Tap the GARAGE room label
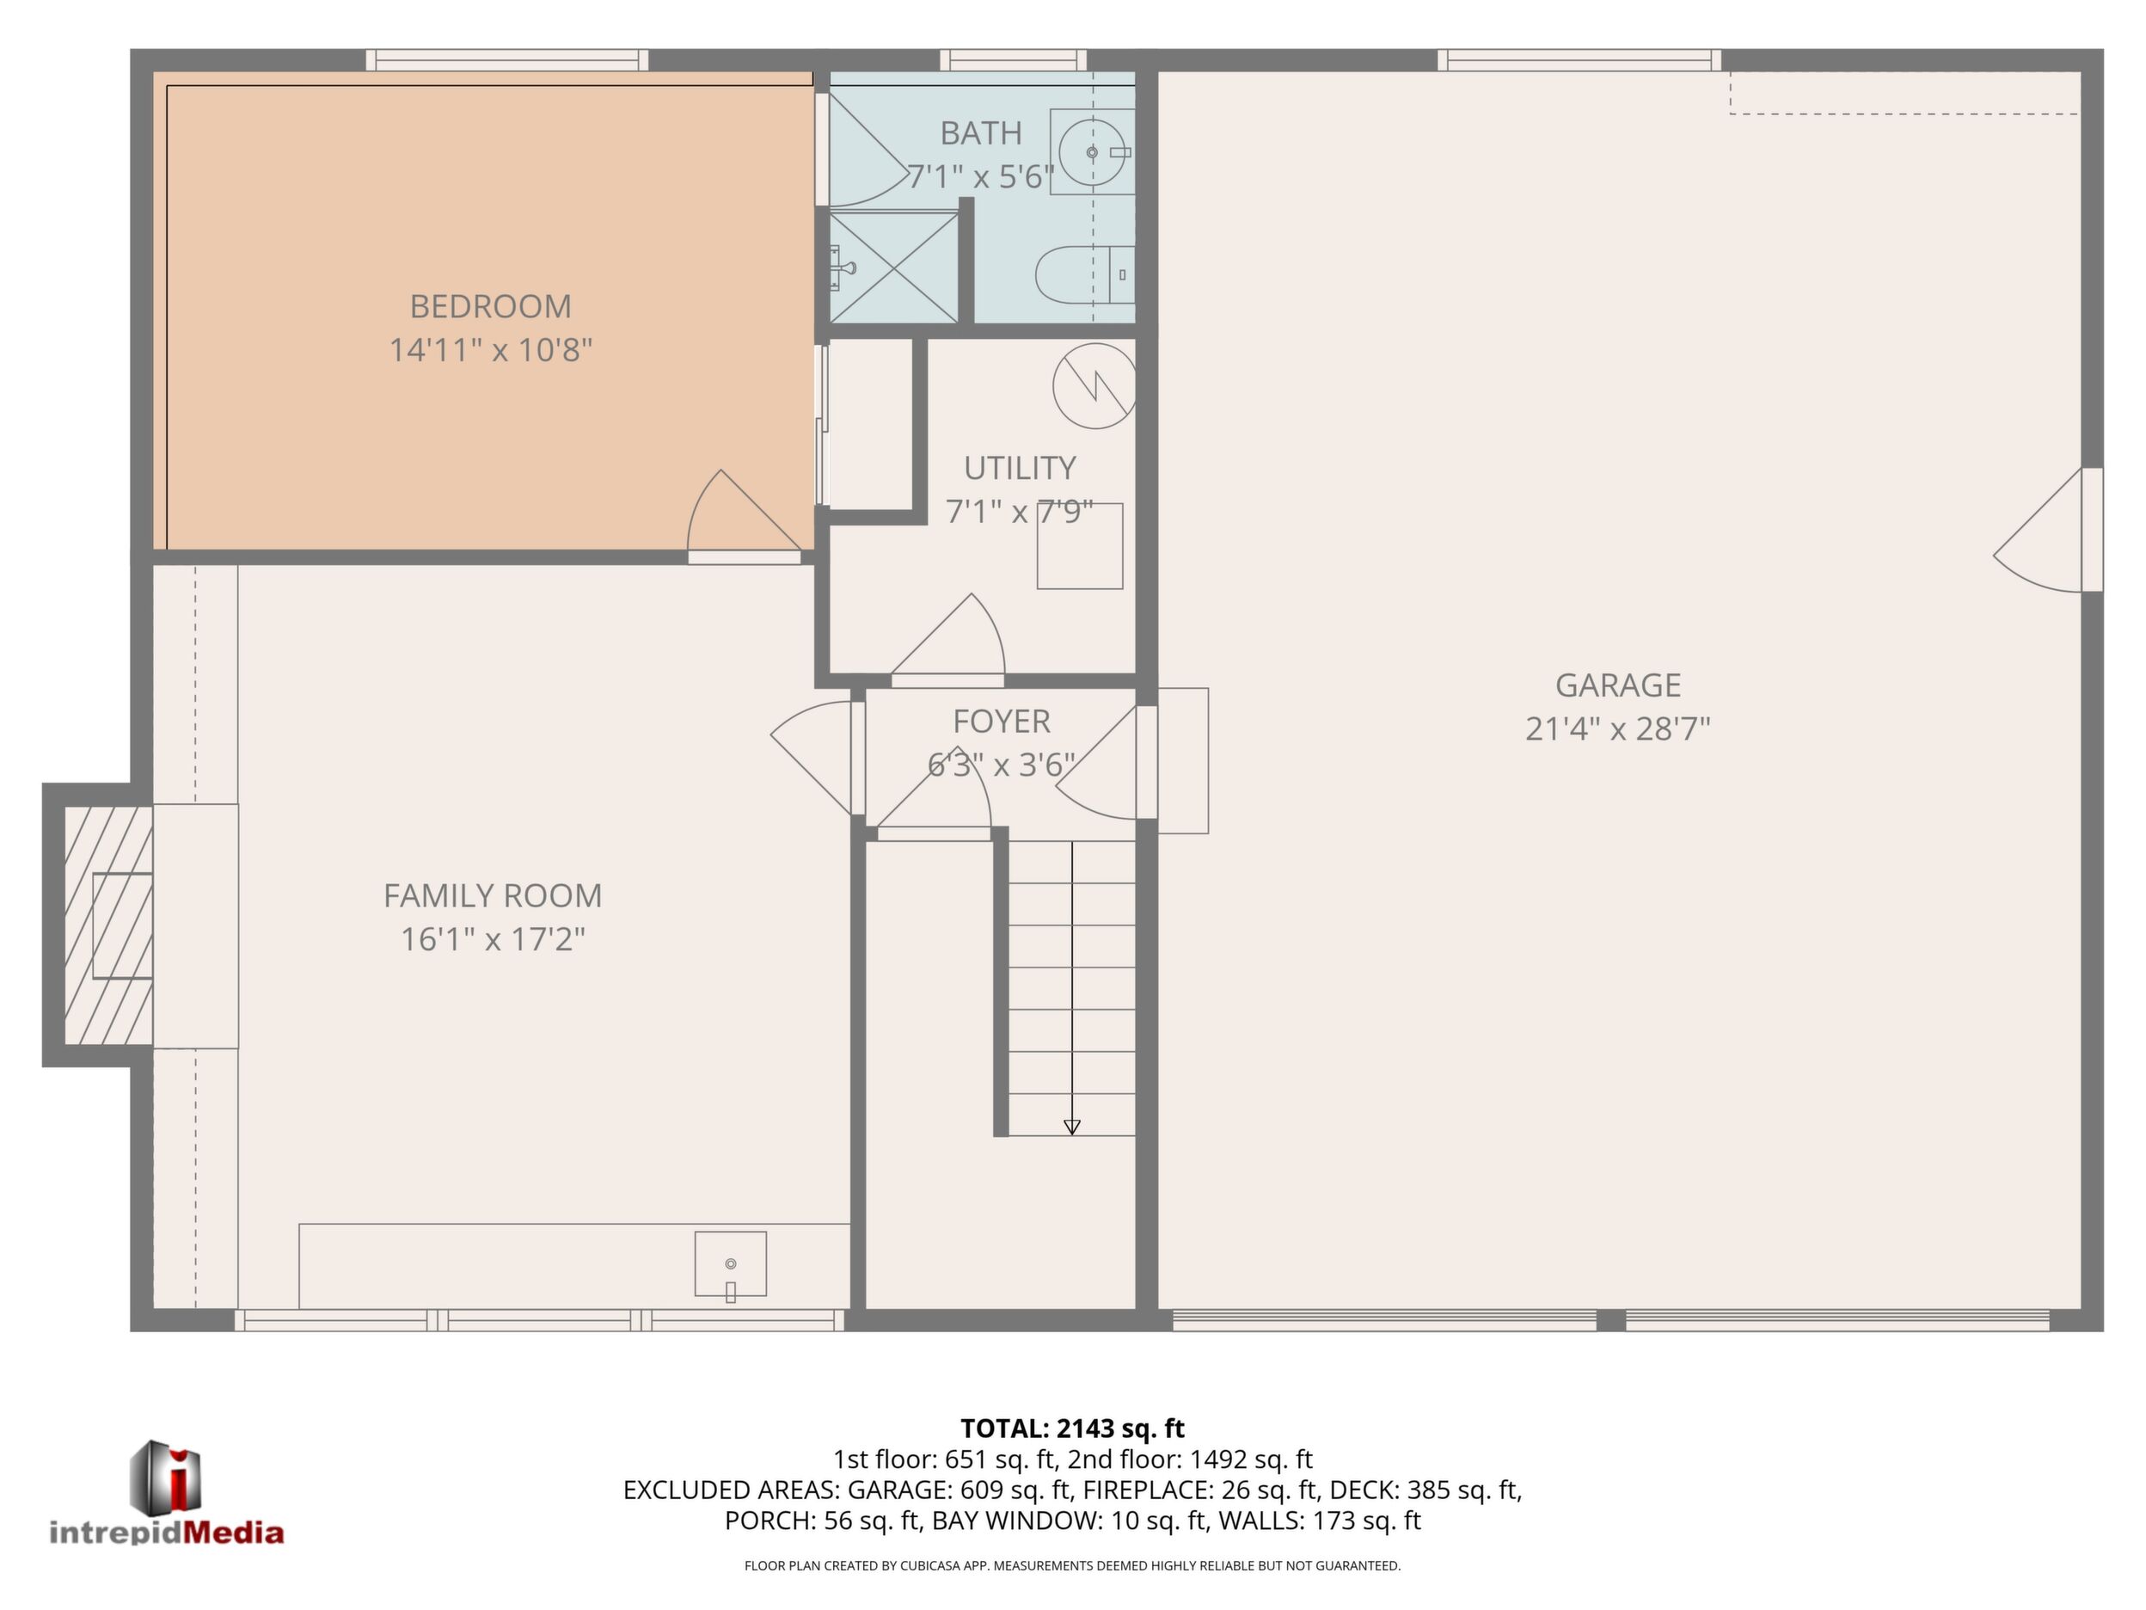pos(1617,685)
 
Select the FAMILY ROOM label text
pos(493,894)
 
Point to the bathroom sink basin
pos(1094,152)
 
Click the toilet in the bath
pos(1085,273)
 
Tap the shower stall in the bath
pos(893,266)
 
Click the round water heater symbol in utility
pos(1094,385)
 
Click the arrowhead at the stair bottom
pos(1072,1127)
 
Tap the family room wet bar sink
pos(731,1264)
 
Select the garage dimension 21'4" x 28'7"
pos(1617,728)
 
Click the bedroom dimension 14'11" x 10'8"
pos(490,349)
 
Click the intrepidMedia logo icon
pos(166,1476)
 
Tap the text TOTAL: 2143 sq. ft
pos(1072,1429)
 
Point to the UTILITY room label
pos(1020,468)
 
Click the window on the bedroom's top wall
pos(506,60)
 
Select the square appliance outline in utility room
pos(1080,545)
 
